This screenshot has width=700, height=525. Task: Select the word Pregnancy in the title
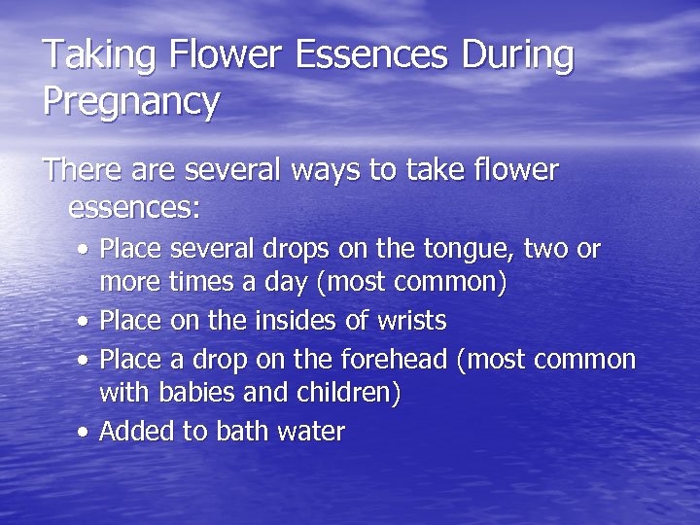coord(130,101)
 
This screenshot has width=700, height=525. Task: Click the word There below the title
coord(83,171)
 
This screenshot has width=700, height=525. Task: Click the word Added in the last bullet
coord(136,432)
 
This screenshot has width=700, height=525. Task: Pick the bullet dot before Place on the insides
coord(86,321)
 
